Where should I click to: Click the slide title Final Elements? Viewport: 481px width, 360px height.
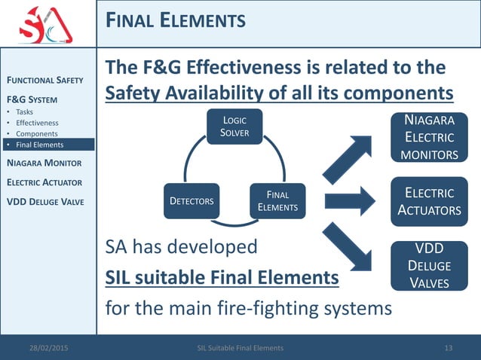click(x=176, y=20)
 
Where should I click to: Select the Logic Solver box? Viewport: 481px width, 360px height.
click(x=234, y=127)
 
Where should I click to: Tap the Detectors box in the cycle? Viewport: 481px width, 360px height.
click(x=191, y=201)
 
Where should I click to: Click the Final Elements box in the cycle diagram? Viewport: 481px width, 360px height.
click(x=277, y=201)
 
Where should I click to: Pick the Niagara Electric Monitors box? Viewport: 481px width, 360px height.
click(x=430, y=137)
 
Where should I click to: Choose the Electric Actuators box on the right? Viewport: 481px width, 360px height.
click(x=430, y=201)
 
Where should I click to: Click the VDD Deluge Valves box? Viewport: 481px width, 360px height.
click(x=430, y=266)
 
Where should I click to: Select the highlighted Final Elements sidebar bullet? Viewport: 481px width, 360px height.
click(x=41, y=145)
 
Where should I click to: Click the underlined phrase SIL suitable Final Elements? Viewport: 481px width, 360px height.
click(x=222, y=279)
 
